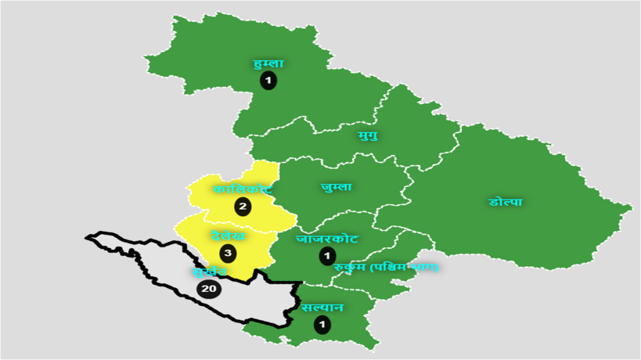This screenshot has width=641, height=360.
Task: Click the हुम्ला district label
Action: click(x=269, y=63)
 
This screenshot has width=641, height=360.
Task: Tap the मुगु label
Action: click(x=367, y=135)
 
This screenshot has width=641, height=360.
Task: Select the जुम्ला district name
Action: click(x=336, y=187)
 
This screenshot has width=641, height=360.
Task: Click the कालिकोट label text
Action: click(x=242, y=189)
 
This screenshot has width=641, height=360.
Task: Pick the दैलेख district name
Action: click(x=228, y=236)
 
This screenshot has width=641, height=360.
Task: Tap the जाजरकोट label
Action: click(x=327, y=239)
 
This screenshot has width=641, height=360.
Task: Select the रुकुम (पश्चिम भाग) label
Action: click(x=386, y=267)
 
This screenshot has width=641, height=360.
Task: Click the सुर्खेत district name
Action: click(x=210, y=272)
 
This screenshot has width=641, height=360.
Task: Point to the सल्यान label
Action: click(x=322, y=308)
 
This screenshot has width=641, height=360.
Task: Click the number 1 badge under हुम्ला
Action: click(x=269, y=80)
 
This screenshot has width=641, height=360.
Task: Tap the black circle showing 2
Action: click(x=243, y=205)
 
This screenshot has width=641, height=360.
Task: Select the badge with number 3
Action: click(x=228, y=253)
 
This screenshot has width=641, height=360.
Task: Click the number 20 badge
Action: click(x=209, y=289)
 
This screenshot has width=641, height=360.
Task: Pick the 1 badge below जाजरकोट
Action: click(x=327, y=255)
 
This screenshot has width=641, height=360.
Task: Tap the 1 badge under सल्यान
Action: click(x=322, y=325)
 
